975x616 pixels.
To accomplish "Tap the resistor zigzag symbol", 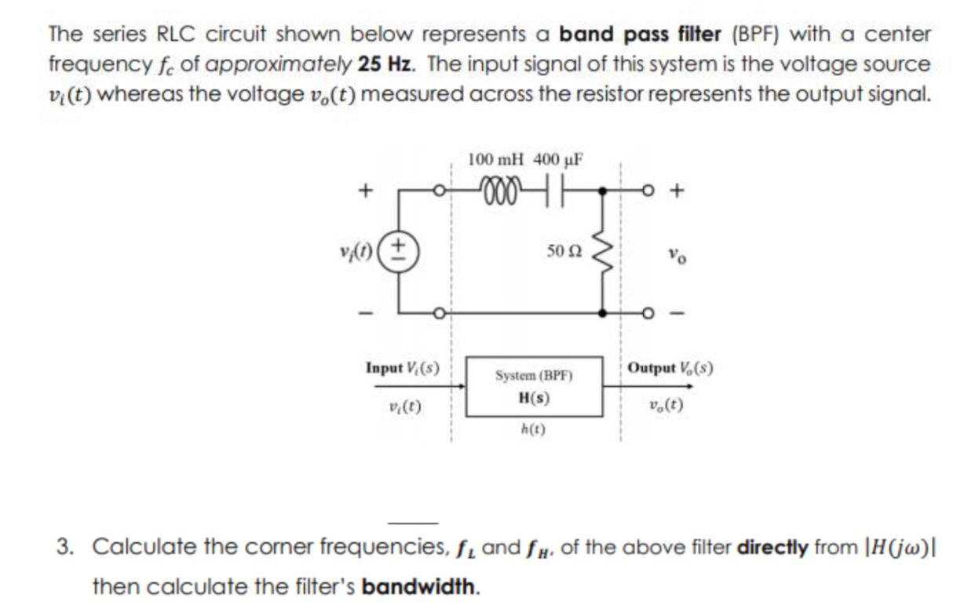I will [x=603, y=252].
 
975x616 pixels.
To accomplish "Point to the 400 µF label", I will [x=558, y=159].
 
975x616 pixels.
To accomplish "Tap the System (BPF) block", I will [x=534, y=387].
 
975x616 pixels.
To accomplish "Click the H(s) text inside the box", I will [x=534, y=398].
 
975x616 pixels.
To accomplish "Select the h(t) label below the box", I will [x=534, y=429].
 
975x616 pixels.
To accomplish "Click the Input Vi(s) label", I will [x=402, y=368].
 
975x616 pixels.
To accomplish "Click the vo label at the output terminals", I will [x=674, y=253].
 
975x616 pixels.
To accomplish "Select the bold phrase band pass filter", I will [x=639, y=35].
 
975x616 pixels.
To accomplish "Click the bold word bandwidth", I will [x=418, y=586].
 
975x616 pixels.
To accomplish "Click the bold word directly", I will [x=772, y=547].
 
